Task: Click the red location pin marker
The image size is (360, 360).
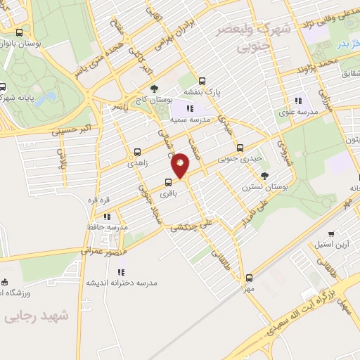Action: pyautogui.click(x=181, y=165)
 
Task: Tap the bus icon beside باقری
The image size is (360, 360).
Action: pyautogui.click(x=167, y=182)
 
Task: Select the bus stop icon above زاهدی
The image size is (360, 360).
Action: pyautogui.click(x=137, y=151)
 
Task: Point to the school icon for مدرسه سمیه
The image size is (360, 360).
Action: pyautogui.click(x=188, y=108)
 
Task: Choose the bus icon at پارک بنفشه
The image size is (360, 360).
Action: pyautogui.click(x=202, y=80)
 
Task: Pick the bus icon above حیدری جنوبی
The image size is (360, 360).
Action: pyautogui.click(x=240, y=148)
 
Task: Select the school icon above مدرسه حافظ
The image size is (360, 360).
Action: pyautogui.click(x=107, y=217)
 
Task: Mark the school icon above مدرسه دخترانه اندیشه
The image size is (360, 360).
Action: pyautogui.click(x=121, y=271)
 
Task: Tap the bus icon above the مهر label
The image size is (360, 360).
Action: pyautogui.click(x=249, y=278)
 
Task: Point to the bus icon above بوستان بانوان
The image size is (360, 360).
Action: pyautogui.click(x=19, y=32)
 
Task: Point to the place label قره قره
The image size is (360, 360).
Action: pyautogui.click(x=96, y=200)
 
